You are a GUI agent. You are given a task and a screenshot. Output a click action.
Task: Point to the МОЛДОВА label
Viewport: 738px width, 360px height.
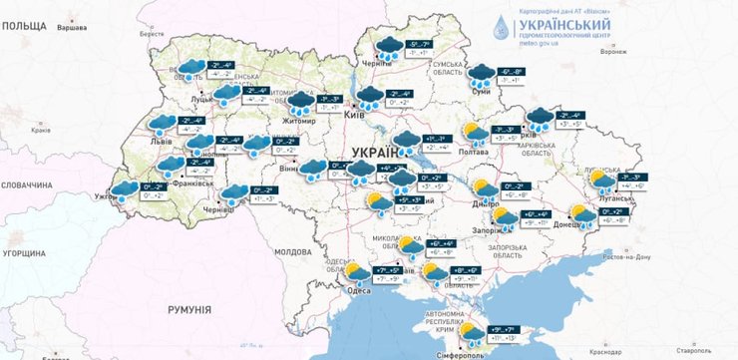click(x=293, y=251)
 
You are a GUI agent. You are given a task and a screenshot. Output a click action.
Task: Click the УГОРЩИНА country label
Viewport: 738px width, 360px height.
click(x=23, y=255)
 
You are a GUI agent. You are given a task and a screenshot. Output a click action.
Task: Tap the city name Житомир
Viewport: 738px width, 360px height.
click(x=299, y=122)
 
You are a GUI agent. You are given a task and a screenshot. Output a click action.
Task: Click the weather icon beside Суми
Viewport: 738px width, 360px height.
click(x=483, y=74)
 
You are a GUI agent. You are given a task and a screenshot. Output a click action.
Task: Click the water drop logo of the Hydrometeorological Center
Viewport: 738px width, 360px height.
click(x=501, y=28)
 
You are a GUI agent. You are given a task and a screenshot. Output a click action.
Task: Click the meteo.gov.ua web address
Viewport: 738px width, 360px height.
click(x=539, y=45)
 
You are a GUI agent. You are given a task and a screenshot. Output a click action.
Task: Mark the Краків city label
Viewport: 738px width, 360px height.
click(x=42, y=130)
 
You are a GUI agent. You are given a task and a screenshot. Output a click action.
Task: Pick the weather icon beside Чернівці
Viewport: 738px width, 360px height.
click(x=234, y=192)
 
